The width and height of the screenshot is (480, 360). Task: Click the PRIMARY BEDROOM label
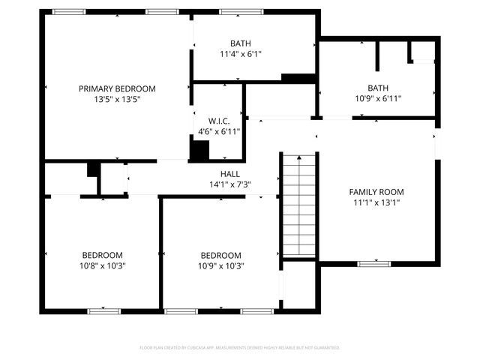117,88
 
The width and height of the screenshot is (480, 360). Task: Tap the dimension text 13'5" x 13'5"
117,99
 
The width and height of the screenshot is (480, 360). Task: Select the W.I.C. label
219,121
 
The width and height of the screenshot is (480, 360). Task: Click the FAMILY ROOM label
376,192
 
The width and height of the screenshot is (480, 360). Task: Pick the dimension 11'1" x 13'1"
376,202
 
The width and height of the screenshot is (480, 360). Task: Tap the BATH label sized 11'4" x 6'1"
241,43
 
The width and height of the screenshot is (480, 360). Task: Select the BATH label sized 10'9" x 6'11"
378,88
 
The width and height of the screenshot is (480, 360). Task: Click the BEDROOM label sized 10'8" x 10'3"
102,255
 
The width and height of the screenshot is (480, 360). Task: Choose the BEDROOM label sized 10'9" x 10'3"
220,255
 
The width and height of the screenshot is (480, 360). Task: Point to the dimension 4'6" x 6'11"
219,131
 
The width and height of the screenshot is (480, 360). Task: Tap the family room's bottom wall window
373,263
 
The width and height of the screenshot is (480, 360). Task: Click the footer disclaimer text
240,348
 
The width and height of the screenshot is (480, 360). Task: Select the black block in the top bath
298,77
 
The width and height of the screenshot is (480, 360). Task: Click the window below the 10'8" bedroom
104,310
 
